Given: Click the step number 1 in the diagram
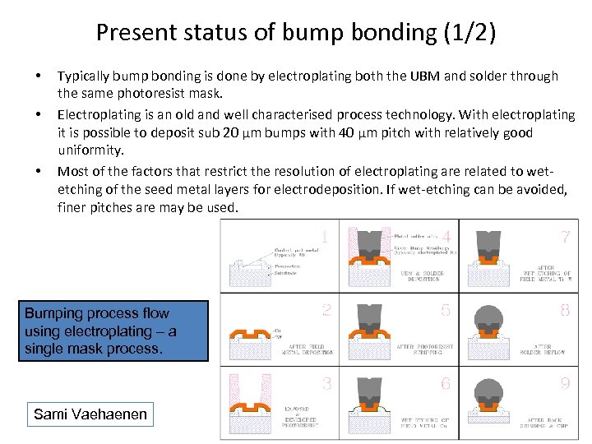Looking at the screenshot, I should coord(325,238).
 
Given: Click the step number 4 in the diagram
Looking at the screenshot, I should coord(446,238).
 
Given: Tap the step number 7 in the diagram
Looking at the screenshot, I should coord(565,238).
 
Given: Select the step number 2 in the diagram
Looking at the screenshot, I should coord(326,311).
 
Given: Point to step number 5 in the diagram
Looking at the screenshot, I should coord(446,311).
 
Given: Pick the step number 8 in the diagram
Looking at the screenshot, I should coord(565,311).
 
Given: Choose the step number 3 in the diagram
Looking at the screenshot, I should coord(326,383).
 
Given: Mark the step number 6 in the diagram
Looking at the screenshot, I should coord(446,383).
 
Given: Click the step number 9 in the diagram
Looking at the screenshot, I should coord(565,383).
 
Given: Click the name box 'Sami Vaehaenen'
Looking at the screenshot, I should coord(90,414).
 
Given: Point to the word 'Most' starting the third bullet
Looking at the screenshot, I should coord(72,171).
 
